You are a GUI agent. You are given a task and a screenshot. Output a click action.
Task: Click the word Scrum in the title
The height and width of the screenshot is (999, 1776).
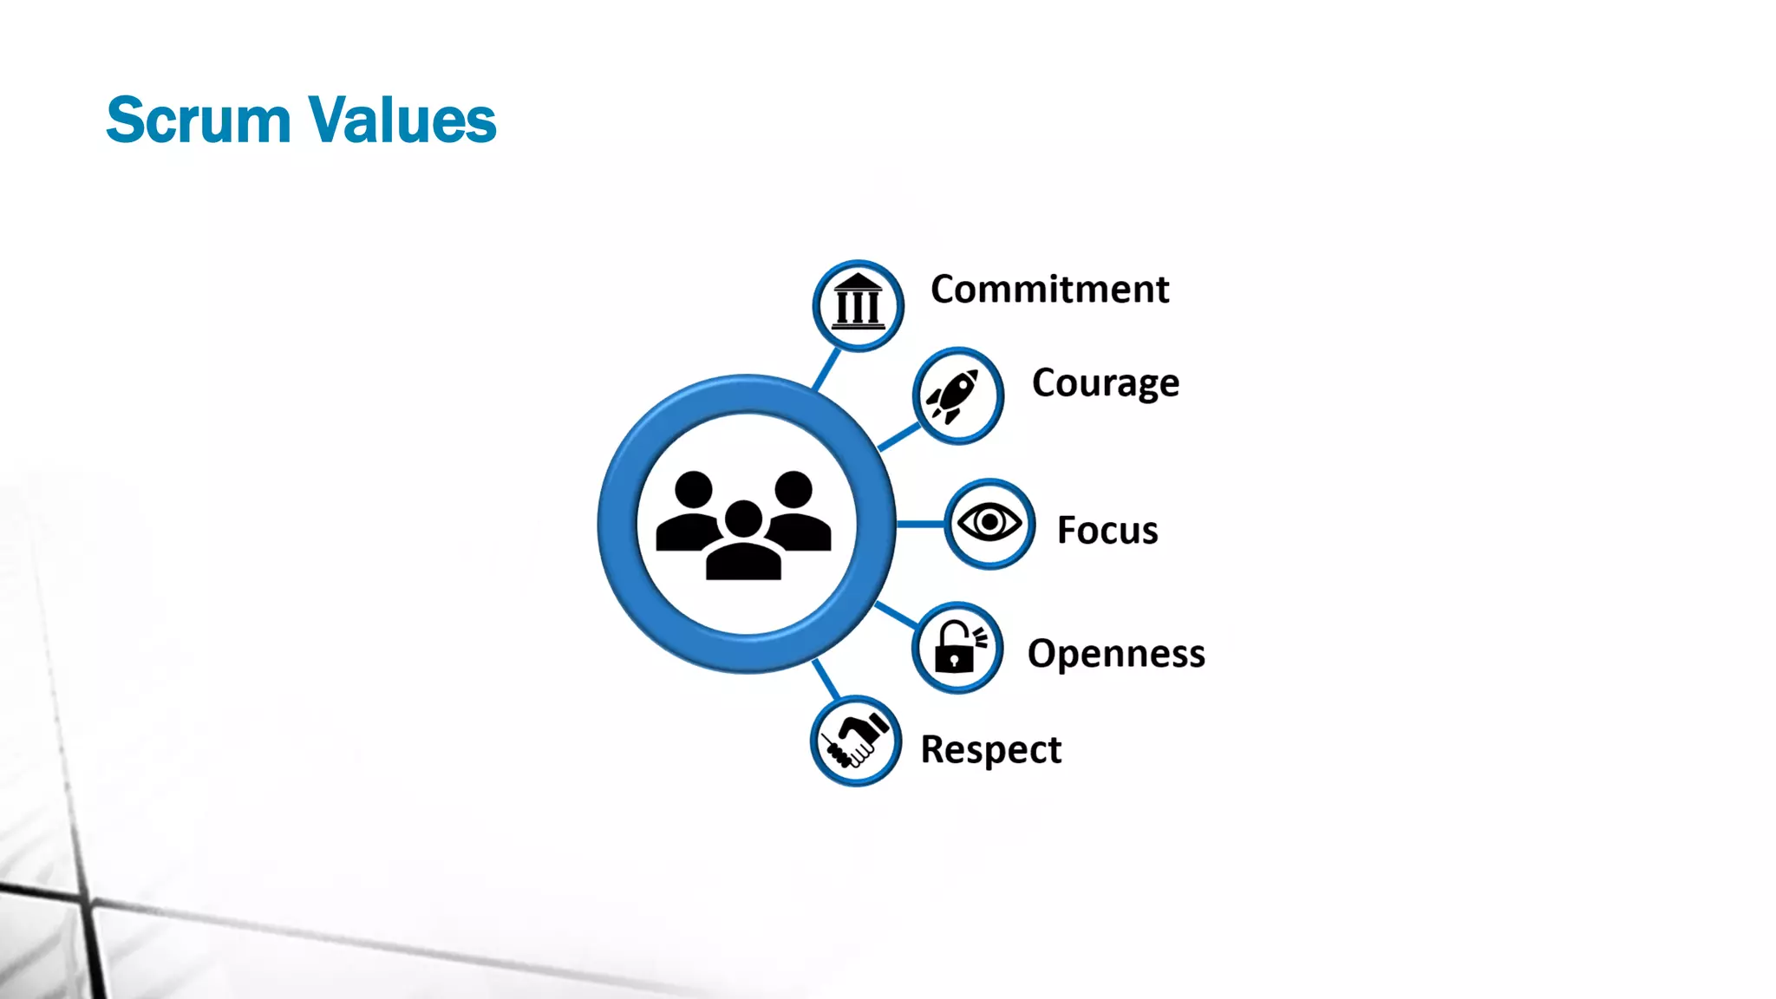pos(198,120)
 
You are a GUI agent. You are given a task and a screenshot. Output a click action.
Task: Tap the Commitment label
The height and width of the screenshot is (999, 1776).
pos(1049,290)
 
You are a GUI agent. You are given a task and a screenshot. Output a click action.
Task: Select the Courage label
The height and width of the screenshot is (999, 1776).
pos(1105,383)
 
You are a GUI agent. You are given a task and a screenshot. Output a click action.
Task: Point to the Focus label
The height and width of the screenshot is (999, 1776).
pos(1107,530)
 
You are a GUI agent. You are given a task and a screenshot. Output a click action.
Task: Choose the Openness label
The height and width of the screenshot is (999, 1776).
pos(1115,653)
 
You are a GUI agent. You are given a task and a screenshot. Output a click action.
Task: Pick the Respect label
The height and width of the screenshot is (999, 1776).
pos(990,749)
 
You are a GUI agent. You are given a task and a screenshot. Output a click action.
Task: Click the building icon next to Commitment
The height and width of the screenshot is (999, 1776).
pos(858,304)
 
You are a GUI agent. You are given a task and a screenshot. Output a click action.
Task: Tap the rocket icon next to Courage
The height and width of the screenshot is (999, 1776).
pos(956,396)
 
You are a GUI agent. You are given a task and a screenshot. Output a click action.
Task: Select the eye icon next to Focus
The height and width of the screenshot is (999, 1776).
pos(989,523)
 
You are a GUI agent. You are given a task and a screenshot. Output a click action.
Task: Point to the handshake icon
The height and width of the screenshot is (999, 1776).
pos(855,741)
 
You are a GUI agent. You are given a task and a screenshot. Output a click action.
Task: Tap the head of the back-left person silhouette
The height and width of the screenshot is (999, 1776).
pos(694,488)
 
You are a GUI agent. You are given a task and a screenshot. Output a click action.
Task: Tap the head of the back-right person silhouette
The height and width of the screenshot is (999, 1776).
pos(793,488)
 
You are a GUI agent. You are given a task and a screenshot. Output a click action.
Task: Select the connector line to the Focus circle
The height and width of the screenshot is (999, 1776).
pos(919,524)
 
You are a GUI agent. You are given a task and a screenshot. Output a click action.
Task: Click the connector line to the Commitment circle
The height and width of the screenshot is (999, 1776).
pos(826,369)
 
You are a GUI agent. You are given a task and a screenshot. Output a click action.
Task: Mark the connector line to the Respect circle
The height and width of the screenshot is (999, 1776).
pos(826,679)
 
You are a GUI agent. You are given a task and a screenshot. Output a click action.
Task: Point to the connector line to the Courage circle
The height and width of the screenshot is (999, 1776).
pos(899,436)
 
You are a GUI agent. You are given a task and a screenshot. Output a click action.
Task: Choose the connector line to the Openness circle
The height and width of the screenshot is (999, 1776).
pos(896,614)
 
